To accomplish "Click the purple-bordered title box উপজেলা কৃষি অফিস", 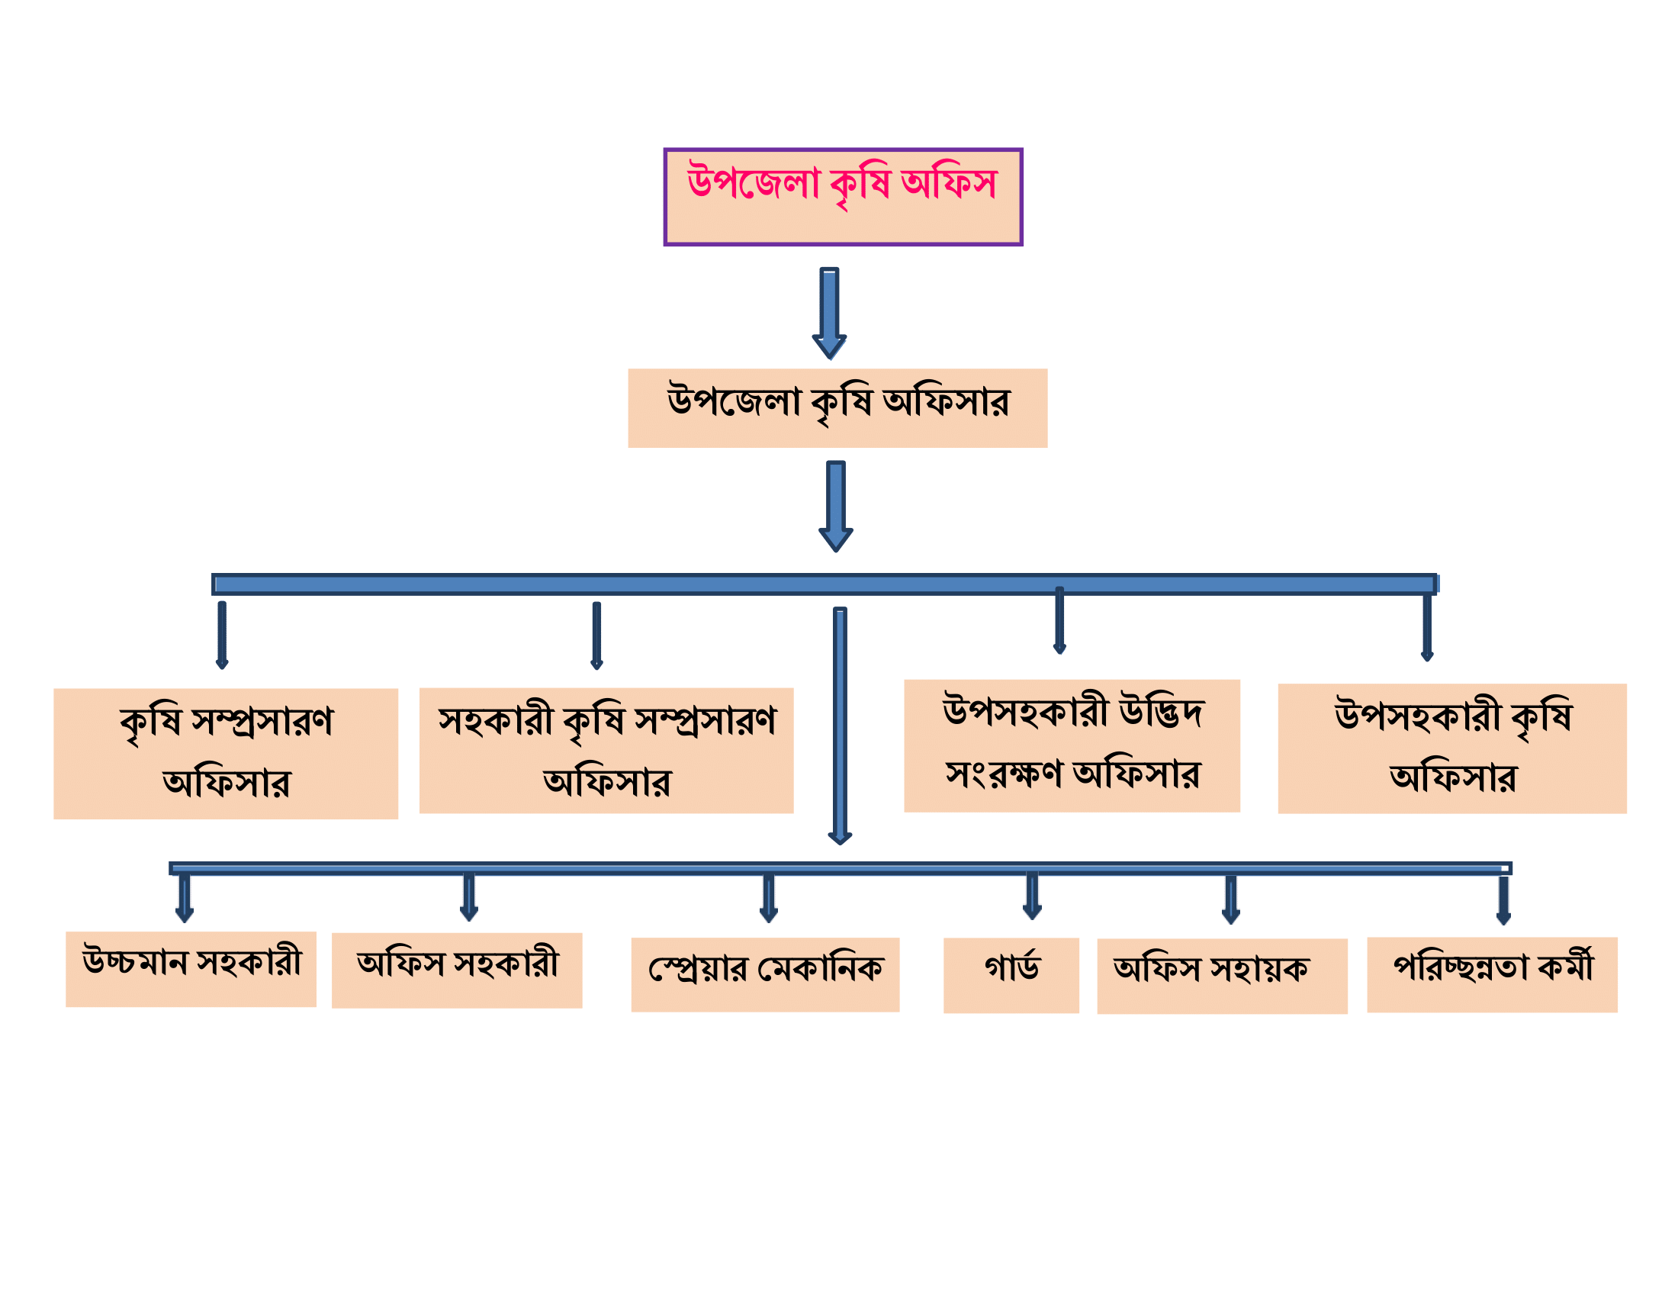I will point(843,197).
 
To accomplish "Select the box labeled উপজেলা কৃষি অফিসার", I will point(837,408).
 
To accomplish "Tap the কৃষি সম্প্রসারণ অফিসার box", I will point(226,754).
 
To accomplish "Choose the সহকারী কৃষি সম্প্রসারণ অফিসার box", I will point(606,751).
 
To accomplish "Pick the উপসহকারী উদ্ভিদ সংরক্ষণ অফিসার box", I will point(1072,746).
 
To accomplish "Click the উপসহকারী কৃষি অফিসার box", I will point(1452,748).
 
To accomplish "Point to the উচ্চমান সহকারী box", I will point(191,969).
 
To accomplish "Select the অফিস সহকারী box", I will point(457,970).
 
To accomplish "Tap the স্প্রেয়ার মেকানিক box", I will point(765,974).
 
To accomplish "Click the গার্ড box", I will point(1011,975).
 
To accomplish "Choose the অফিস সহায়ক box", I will point(1223,976).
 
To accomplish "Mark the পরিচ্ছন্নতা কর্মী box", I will point(1492,974).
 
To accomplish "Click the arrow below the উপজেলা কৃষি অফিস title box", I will point(830,313).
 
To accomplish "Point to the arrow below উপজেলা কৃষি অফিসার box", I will point(836,507).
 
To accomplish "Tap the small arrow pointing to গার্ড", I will point(1032,896).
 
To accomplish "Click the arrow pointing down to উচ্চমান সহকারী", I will point(185,897).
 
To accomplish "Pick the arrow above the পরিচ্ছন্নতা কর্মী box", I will point(1503,900).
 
